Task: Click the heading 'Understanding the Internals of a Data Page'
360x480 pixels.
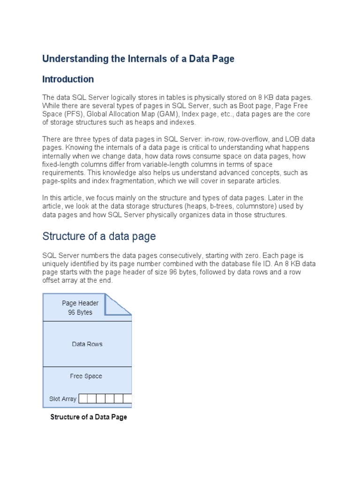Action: click(x=138, y=59)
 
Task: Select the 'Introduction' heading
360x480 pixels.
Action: click(x=68, y=79)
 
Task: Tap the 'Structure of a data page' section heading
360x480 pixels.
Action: click(x=99, y=236)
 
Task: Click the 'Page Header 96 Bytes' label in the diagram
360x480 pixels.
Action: click(x=80, y=307)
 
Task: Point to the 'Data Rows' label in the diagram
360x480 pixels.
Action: click(x=87, y=344)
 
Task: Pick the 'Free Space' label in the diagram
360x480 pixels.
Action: click(x=86, y=376)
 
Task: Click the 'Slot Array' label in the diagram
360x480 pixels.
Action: click(x=62, y=399)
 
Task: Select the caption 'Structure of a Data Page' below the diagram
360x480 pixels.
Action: click(x=89, y=417)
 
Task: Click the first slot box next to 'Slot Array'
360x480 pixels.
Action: click(x=83, y=399)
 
